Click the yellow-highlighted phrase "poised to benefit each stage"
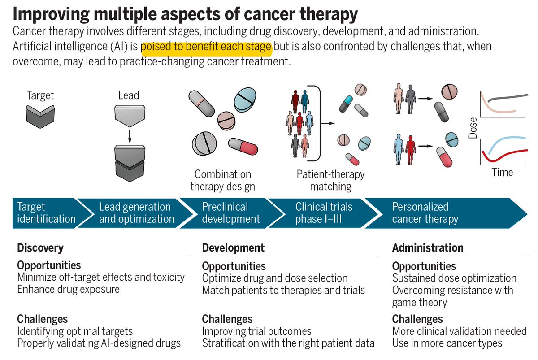206,47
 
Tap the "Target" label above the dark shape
40,95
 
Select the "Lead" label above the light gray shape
129,95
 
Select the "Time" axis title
502,172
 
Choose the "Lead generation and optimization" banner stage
136,213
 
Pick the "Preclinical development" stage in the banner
231,213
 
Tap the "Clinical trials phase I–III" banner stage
324,213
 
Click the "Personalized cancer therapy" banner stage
425,213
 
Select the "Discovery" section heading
40,247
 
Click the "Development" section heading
233,247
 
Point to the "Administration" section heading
428,247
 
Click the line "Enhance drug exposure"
68,289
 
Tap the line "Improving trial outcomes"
256,331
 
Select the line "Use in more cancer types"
447,343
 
